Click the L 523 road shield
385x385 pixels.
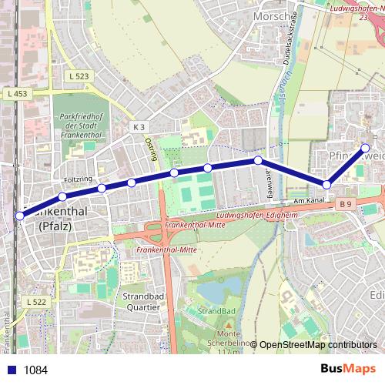click(79, 76)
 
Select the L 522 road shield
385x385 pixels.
click(36, 302)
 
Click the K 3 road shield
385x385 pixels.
click(139, 126)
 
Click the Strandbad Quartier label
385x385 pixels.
click(141, 301)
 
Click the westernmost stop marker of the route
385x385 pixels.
click(20, 216)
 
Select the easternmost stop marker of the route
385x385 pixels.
click(366, 148)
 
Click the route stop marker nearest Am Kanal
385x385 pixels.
click(327, 185)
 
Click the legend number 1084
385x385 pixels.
click(35, 370)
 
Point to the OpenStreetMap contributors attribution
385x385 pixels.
click(318, 345)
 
